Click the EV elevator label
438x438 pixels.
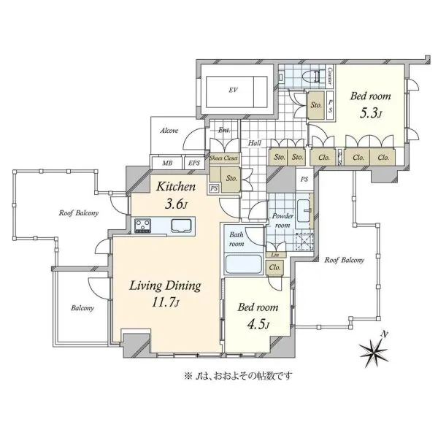pyautogui.click(x=234, y=90)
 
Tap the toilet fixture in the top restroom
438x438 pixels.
pyautogui.click(x=314, y=75)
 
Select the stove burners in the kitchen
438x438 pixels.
pyautogui.click(x=143, y=226)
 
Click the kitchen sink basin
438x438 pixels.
pyautogui.click(x=181, y=226)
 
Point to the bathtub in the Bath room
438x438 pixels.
pyautogui.click(x=244, y=264)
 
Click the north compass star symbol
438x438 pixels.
pyautogui.click(x=374, y=349)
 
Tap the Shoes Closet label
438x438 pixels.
pyautogui.click(x=223, y=158)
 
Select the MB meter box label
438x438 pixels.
pyautogui.click(x=167, y=163)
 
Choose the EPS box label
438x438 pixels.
pyautogui.click(x=194, y=163)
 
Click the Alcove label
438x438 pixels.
pyautogui.click(x=169, y=131)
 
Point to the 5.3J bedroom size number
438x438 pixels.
pyautogui.click(x=370, y=114)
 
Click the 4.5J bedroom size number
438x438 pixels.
pyautogui.click(x=258, y=325)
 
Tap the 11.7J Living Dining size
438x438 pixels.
pyautogui.click(x=166, y=302)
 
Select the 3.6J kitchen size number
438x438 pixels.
pyautogui.click(x=176, y=204)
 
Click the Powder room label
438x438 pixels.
pyautogui.click(x=283, y=220)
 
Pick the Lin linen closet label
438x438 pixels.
pyautogui.click(x=275, y=255)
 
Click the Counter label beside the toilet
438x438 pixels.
pyautogui.click(x=330, y=76)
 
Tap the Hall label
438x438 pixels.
pyautogui.click(x=255, y=143)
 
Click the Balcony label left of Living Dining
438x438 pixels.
pyautogui.click(x=82, y=308)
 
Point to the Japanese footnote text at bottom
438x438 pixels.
pyautogui.click(x=238, y=376)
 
